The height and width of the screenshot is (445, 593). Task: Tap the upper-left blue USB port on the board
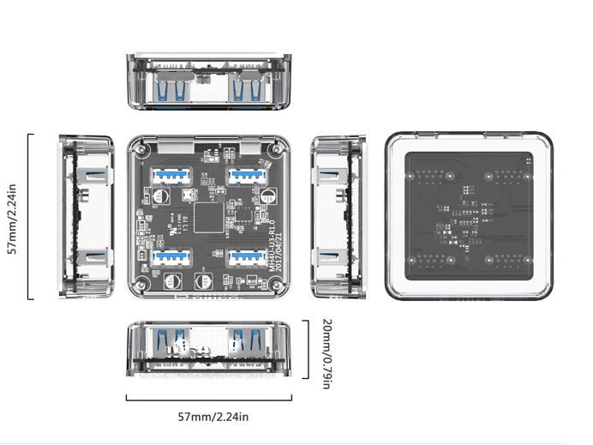[170, 176]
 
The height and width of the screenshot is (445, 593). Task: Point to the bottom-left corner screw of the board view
[139, 286]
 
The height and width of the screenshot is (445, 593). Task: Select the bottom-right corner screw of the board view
[275, 286]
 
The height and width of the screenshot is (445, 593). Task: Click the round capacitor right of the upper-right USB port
[269, 195]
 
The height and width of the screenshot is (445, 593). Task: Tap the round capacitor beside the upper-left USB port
[160, 195]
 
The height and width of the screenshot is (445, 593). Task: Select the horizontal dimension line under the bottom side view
[208, 399]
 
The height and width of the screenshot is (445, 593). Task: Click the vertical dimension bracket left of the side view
[30, 216]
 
